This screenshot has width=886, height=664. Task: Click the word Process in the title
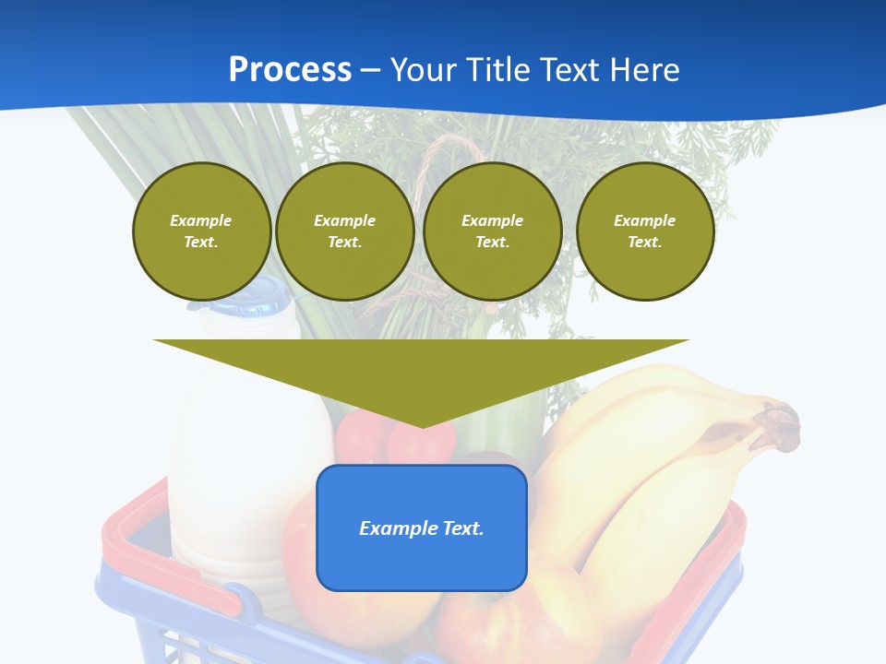tap(290, 70)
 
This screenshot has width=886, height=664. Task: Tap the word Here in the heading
tap(642, 70)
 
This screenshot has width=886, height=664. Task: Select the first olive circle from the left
tap(201, 231)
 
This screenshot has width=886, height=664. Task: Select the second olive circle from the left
tap(344, 231)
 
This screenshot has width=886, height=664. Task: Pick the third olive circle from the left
tap(492, 231)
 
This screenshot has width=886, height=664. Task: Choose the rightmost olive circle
tap(644, 231)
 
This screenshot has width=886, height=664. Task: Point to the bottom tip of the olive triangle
tap(423, 426)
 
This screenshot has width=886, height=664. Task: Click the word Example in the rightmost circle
tap(644, 220)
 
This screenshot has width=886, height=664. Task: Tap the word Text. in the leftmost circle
tap(201, 242)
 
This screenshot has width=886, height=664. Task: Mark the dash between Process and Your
tap(370, 70)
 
